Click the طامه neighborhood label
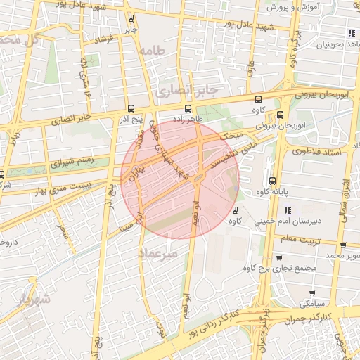coord(151,51)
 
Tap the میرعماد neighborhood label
coord(160,251)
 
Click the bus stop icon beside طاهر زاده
coord(187,108)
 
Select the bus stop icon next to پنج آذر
coord(131,108)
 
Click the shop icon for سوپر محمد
coord(342,246)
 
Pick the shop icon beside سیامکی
coord(312,292)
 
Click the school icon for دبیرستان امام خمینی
coord(288,210)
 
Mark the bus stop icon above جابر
coord(131,19)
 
